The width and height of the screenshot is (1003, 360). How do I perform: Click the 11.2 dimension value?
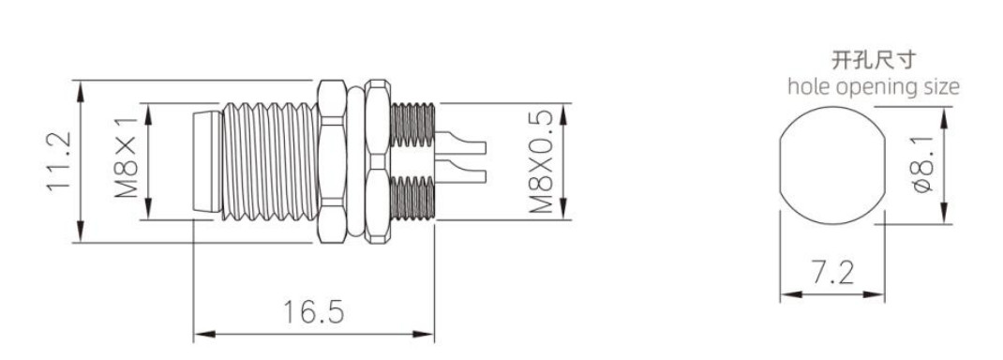click(x=58, y=160)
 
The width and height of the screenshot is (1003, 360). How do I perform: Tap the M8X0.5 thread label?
click(x=541, y=160)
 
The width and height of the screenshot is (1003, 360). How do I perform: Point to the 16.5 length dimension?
click(x=313, y=312)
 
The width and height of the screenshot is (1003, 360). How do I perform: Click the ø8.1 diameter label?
click(x=922, y=164)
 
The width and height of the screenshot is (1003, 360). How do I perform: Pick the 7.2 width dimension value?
click(x=832, y=273)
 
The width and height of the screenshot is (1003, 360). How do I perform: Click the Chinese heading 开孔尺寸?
click(x=873, y=60)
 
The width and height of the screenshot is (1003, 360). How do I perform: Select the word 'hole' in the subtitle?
click(x=807, y=86)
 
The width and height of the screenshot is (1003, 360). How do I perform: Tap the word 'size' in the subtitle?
click(x=940, y=86)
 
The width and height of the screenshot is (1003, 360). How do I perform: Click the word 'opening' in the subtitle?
click(x=874, y=88)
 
